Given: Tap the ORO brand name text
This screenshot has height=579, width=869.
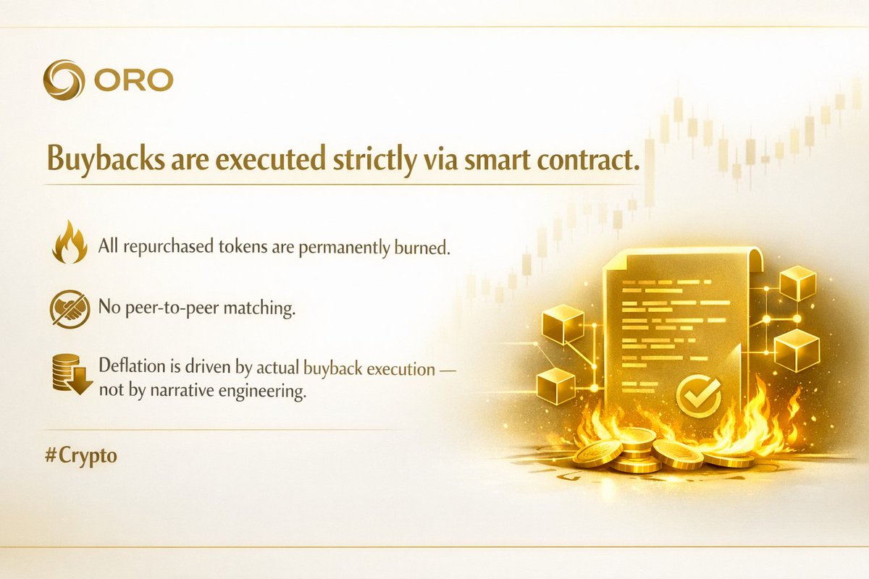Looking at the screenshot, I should (x=133, y=80).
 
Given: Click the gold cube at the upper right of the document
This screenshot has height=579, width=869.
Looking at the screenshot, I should (x=797, y=283).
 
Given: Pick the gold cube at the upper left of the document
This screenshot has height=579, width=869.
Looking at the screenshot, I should (x=563, y=323).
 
